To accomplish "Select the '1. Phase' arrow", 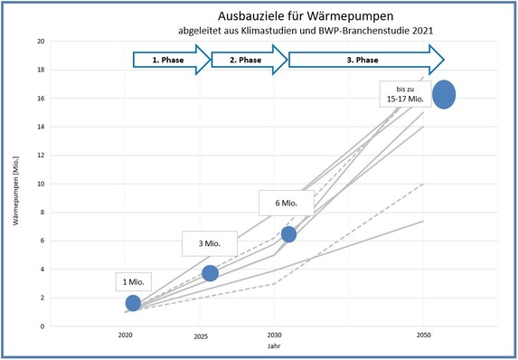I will (x=170, y=61).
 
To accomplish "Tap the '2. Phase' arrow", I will (x=248, y=61).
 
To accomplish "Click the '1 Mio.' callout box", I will (x=134, y=281).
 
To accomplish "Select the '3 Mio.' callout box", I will (x=211, y=243).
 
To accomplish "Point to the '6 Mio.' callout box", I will (x=286, y=202).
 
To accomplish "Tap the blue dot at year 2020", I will (x=133, y=303).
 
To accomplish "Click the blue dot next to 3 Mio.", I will (x=210, y=273).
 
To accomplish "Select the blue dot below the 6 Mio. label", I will (x=288, y=234).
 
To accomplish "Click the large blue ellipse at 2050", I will (x=444, y=94).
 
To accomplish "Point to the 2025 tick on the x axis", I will (x=200, y=336).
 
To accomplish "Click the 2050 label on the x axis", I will (x=422, y=336).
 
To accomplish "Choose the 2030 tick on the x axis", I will (x=274, y=336).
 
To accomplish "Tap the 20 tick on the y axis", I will (x=41, y=42).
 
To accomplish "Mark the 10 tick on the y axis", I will (x=41, y=184).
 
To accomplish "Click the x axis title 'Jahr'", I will (x=274, y=346).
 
